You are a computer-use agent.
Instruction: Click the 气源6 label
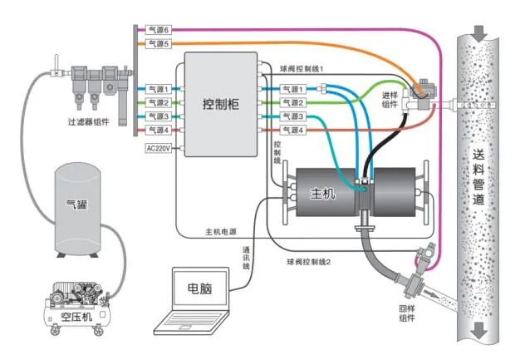point(158,30)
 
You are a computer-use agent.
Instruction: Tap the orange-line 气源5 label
point(158,44)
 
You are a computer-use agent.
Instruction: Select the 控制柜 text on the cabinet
point(221,104)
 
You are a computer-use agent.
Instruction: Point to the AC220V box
point(158,148)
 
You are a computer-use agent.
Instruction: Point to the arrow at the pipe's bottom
point(479,333)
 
